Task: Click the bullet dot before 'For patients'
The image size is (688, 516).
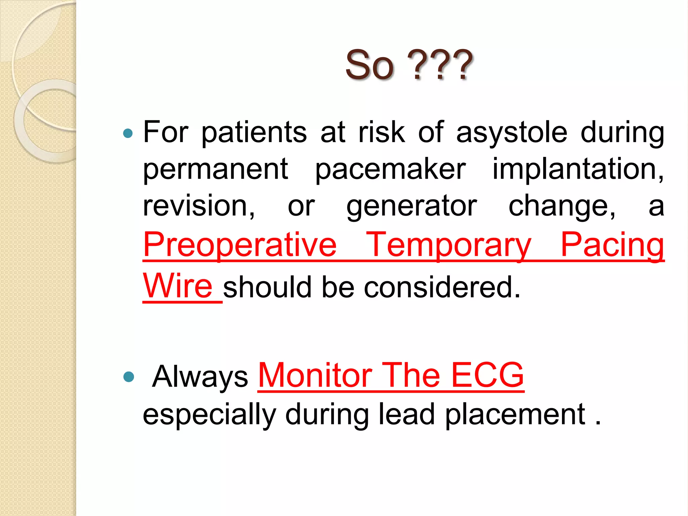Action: [128, 134]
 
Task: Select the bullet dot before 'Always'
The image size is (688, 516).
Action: [128, 377]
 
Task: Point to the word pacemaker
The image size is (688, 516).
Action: [390, 170]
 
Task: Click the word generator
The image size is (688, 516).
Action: [412, 207]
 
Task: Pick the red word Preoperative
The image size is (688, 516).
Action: [240, 245]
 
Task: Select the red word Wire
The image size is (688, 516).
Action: [178, 286]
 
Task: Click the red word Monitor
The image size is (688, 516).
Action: [315, 375]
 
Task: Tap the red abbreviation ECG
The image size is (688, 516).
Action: [487, 375]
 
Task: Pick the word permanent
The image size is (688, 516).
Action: [215, 170]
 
